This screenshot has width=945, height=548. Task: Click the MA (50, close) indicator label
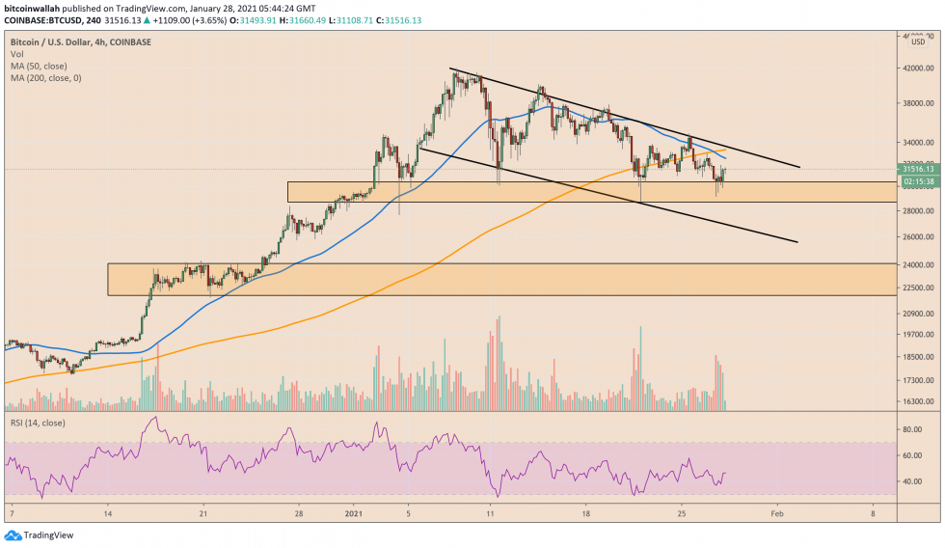(x=39, y=67)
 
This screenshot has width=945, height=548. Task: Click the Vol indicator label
(x=16, y=55)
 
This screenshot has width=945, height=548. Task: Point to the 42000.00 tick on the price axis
(x=916, y=68)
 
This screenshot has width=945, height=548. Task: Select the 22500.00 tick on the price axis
(x=916, y=288)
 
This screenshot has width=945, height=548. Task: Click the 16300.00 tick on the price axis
(x=916, y=402)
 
